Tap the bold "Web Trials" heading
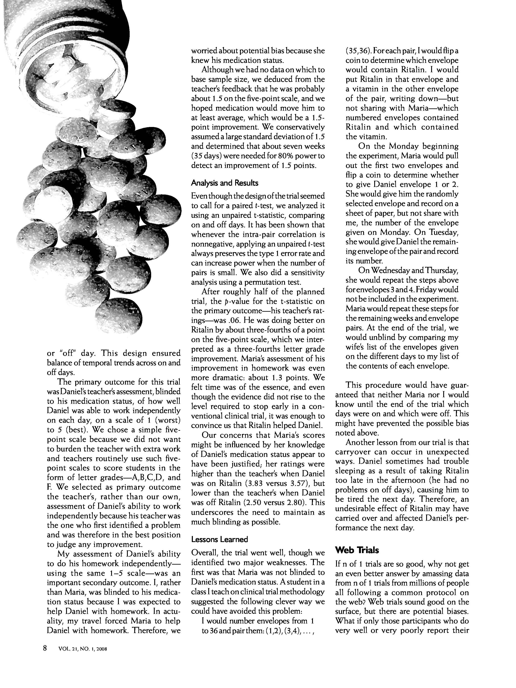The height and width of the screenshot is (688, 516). coord(357,550)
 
